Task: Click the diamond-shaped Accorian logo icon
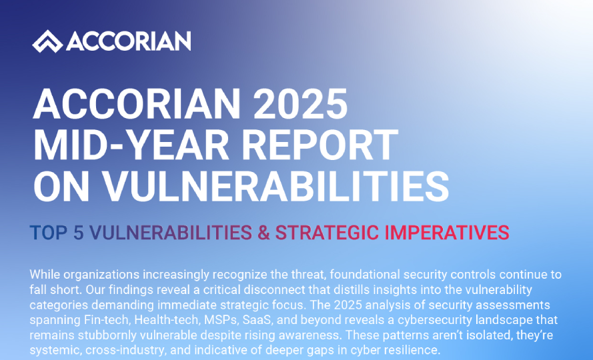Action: [x=47, y=41]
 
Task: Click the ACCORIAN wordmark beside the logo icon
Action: [x=129, y=41]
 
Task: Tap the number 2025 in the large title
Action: [x=300, y=105]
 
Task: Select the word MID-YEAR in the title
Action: [x=131, y=145]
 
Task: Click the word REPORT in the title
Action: [x=320, y=145]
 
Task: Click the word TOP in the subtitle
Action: [x=49, y=233]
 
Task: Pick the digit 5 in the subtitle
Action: [x=78, y=233]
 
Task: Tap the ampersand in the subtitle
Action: [x=263, y=233]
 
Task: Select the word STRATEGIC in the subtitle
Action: [x=327, y=233]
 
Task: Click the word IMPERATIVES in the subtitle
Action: [x=447, y=233]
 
